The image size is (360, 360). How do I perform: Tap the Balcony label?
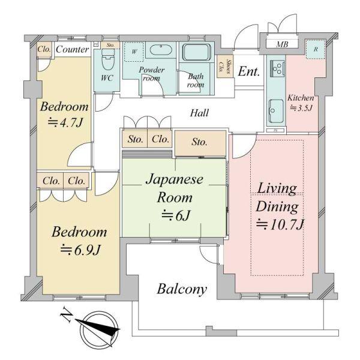(182, 289)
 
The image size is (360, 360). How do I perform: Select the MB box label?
(281, 44)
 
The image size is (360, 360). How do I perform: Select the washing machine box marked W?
(134, 52)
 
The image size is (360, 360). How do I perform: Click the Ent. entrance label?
(248, 71)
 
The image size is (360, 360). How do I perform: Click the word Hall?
(200, 112)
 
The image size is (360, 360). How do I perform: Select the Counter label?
(73, 50)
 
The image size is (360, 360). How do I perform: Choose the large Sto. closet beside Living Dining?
(200, 143)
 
